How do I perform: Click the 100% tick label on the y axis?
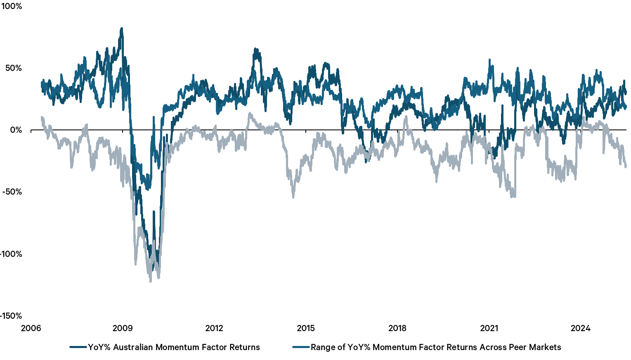[12, 7]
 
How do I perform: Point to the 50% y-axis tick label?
[13, 68]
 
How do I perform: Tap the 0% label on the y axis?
[16, 130]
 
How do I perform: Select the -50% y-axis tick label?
[12, 192]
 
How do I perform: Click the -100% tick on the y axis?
[11, 254]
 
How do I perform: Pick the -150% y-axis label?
[11, 316]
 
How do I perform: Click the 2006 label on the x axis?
[31, 328]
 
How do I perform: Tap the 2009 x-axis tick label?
[123, 328]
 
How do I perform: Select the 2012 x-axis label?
[214, 328]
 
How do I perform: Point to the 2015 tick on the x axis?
[306, 328]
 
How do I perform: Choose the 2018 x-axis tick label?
[397, 328]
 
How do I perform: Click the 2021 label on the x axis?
[489, 328]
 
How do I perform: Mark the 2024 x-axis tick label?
[581, 328]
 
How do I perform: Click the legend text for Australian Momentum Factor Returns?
[174, 347]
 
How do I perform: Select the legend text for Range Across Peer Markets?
[436, 347]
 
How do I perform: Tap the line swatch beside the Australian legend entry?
[78, 347]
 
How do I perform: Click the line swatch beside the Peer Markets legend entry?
[301, 347]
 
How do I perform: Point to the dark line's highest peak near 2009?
[121, 28]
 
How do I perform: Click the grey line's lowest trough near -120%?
[150, 281]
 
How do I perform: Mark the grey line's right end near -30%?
[626, 166]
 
